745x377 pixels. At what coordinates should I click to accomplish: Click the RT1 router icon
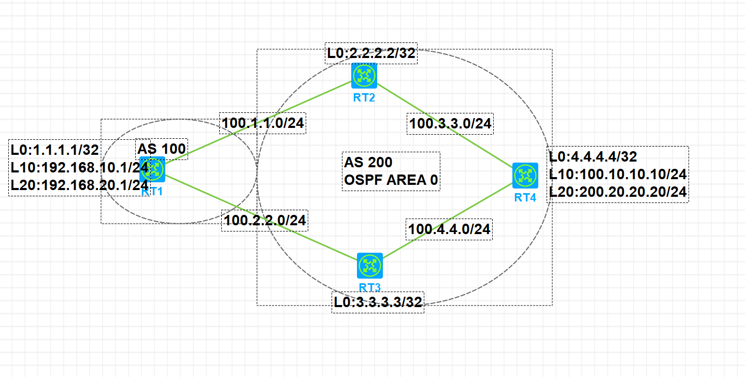coord(155,169)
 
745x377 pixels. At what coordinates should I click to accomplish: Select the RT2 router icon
coord(364,76)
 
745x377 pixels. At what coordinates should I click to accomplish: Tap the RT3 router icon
coord(369,266)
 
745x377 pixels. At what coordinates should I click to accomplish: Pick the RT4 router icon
coord(525,176)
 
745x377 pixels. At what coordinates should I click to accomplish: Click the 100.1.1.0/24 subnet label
coord(263,123)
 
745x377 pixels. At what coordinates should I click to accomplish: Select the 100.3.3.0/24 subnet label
coord(450,124)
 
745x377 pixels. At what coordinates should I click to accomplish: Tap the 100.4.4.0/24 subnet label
coord(449,229)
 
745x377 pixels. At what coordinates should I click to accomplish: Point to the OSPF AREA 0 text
coord(391,180)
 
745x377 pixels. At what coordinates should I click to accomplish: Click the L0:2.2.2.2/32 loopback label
coord(371,53)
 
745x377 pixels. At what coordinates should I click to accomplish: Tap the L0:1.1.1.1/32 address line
coord(54,150)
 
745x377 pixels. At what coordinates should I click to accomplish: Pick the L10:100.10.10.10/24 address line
coord(618,175)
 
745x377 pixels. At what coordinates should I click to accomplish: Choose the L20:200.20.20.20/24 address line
coord(618,192)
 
